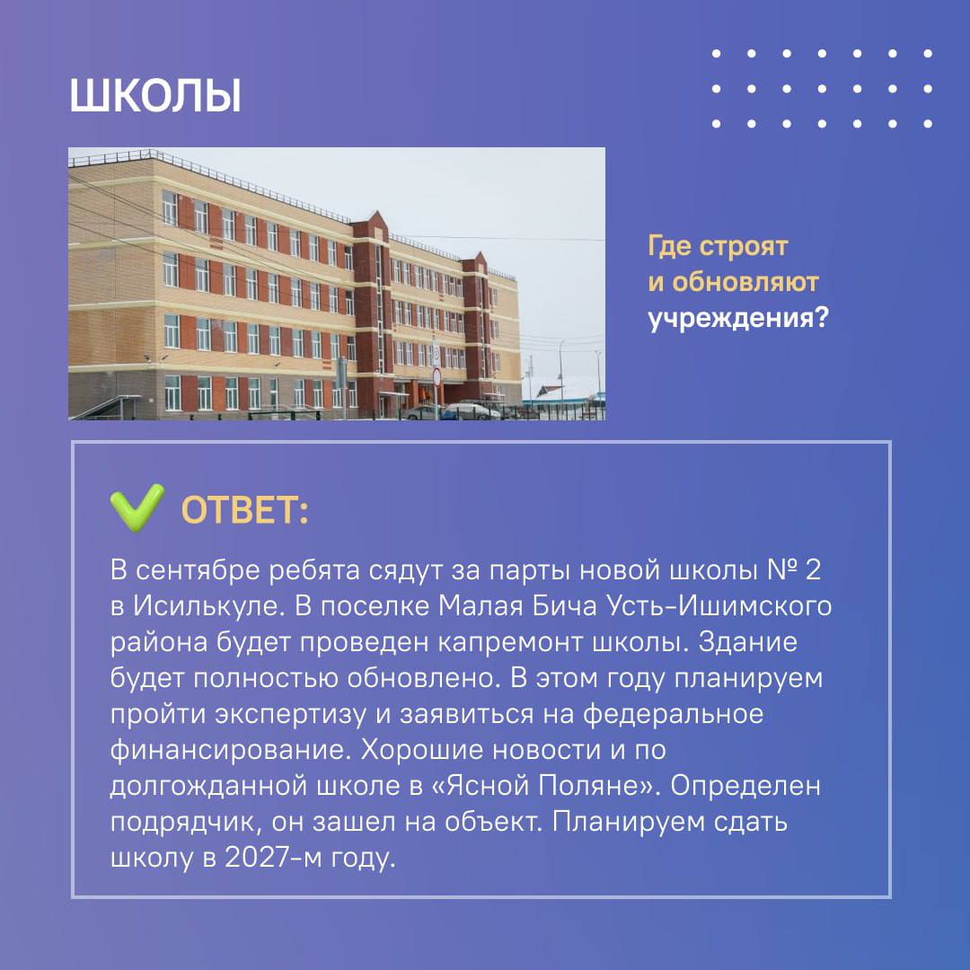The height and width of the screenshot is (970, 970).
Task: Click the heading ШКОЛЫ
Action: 155,96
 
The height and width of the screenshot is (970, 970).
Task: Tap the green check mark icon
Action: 137,507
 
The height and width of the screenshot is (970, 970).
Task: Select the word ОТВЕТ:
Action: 245,511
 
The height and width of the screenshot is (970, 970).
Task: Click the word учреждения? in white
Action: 737,319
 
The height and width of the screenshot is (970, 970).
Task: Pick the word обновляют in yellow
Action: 745,282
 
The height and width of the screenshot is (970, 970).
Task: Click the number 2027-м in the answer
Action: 273,858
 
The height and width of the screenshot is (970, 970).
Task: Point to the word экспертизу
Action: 291,715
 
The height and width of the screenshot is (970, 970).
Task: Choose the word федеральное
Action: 673,714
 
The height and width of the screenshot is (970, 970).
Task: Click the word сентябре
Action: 199,569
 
